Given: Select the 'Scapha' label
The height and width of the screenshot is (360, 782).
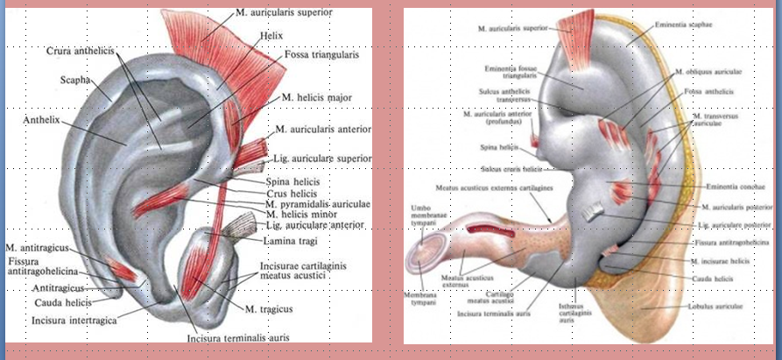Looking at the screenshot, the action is tap(75, 76).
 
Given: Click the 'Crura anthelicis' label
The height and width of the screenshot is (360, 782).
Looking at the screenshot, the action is tap(86, 52).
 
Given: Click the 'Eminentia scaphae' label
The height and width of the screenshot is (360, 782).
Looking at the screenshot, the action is tap(683, 25).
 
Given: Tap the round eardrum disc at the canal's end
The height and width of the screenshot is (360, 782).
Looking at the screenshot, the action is tap(426, 257).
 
